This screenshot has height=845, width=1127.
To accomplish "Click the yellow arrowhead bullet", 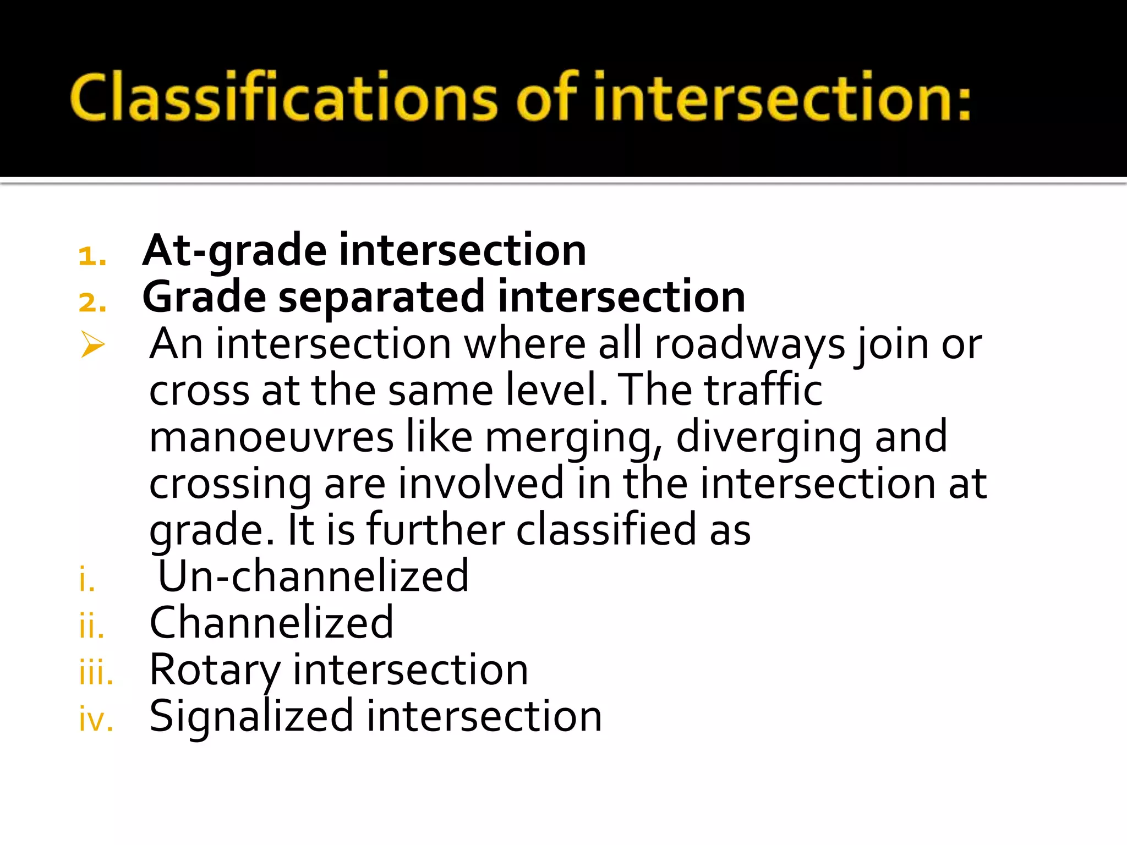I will pos(92,345).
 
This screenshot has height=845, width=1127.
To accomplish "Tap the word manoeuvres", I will pos(271,437).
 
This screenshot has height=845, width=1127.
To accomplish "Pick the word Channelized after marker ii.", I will pos(271,623).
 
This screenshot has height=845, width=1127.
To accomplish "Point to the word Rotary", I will pos(215,671).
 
